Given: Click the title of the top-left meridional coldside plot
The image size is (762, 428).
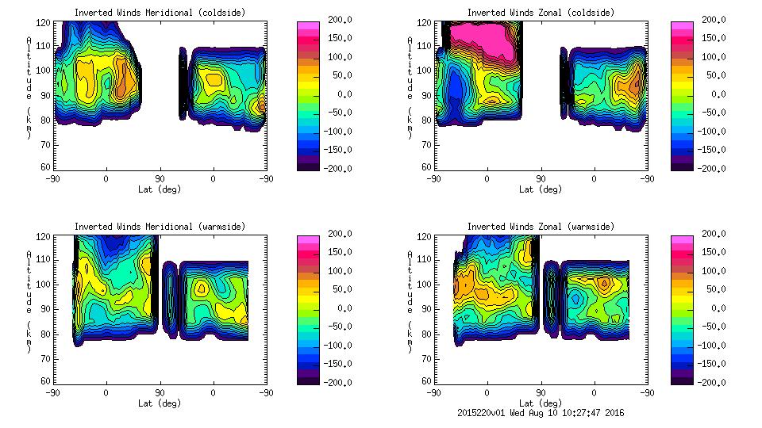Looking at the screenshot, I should pyautogui.click(x=160, y=13).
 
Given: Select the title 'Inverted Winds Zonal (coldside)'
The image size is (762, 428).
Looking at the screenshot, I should pyautogui.click(x=541, y=13).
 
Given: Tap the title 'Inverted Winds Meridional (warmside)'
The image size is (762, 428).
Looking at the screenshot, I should pyautogui.click(x=160, y=227).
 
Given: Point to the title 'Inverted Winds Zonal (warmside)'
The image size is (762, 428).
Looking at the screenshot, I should pyautogui.click(x=541, y=227).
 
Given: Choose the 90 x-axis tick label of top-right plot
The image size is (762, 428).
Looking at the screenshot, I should pyautogui.click(x=541, y=178).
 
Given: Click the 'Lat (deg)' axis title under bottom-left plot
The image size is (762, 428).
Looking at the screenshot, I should pyautogui.click(x=160, y=403).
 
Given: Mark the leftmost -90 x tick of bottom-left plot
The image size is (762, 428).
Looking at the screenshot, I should pyautogui.click(x=52, y=392).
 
